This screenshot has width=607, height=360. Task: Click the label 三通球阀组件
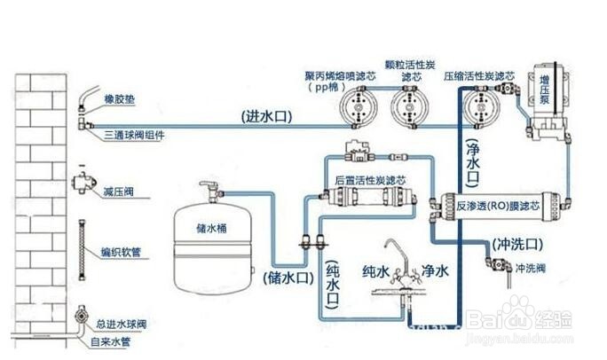tap(137, 134)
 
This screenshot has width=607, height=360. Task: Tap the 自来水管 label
tap(125, 338)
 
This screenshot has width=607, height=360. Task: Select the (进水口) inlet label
tap(265, 116)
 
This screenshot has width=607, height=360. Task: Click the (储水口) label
tap(288, 278)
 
